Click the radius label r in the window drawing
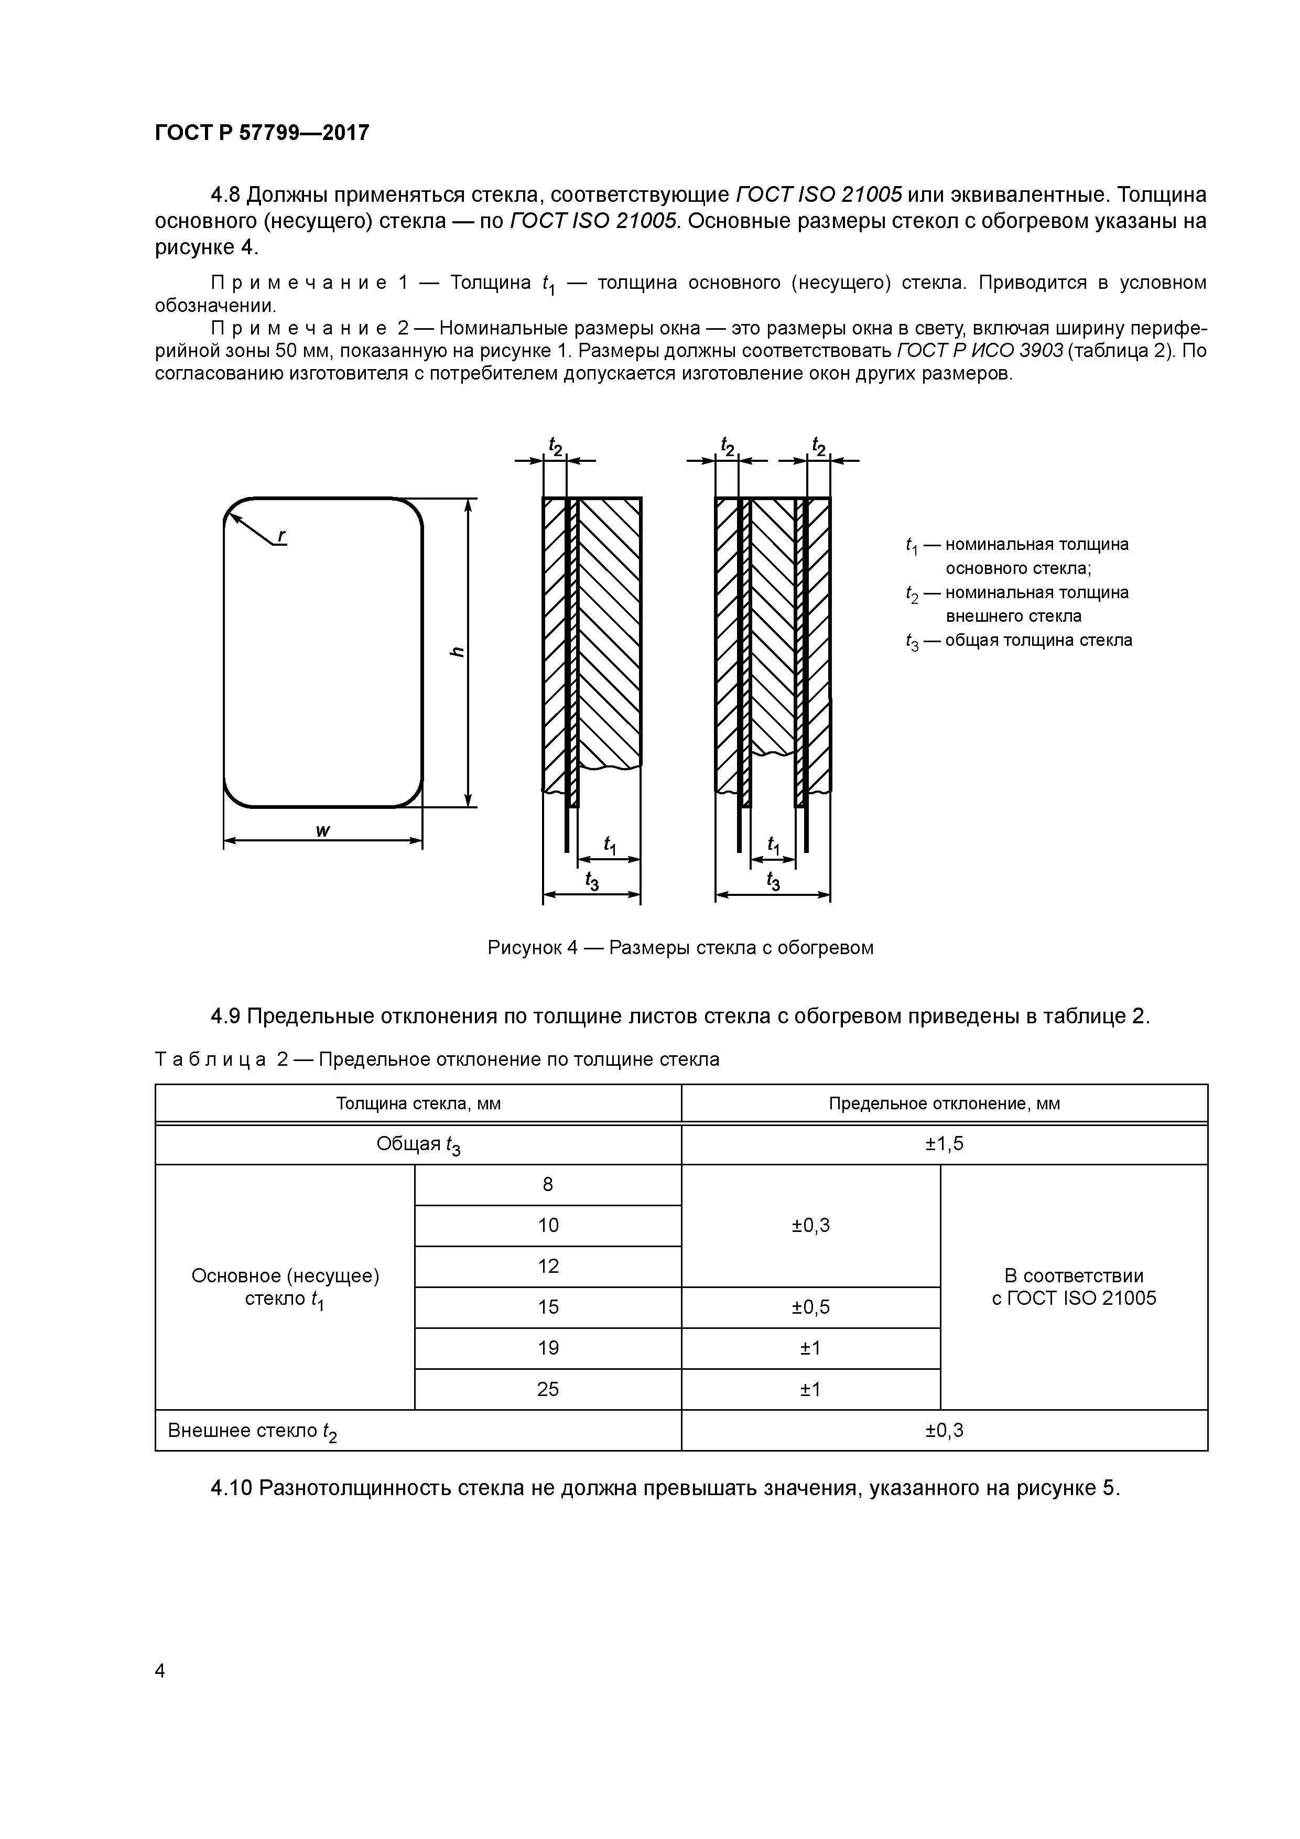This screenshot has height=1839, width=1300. pos(282,536)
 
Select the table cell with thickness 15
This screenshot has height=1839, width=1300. pos(547,1307)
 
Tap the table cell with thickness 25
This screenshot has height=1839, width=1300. pos(547,1389)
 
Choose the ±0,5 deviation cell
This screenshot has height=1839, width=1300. pos(810,1307)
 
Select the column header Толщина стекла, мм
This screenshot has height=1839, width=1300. pos(418,1103)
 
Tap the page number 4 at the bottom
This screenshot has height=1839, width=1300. pos(160,1670)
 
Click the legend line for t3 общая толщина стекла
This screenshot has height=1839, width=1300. pos(1019,640)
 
